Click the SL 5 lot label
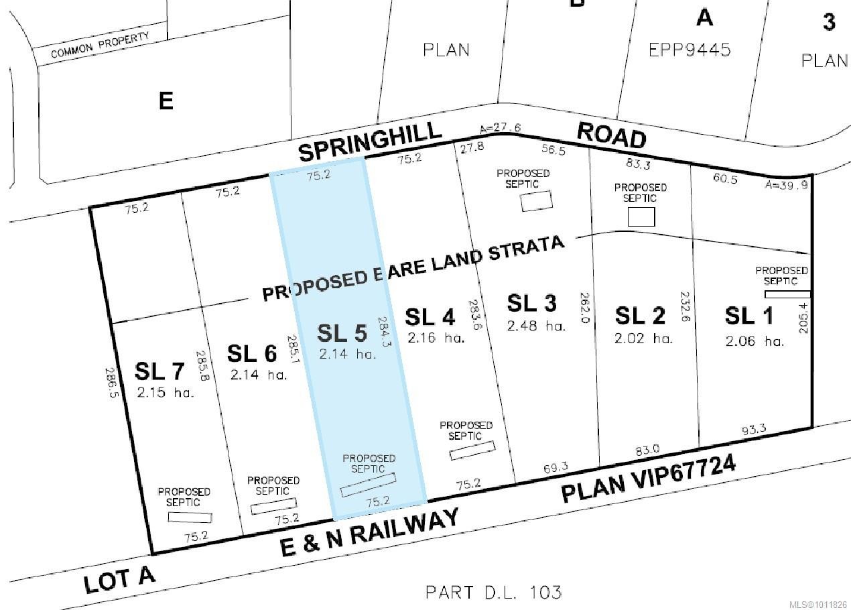[342, 333]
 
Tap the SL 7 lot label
[159, 371]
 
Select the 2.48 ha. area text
[536, 326]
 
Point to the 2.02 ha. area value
[643, 339]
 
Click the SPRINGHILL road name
[370, 141]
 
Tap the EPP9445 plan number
[690, 50]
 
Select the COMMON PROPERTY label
[100, 45]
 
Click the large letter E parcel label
[166, 101]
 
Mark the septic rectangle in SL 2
[641, 217]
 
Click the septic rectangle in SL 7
[190, 517]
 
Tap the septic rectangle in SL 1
[787, 294]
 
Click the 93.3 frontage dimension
[754, 429]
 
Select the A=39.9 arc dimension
[787, 185]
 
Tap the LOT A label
[120, 580]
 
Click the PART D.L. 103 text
[493, 592]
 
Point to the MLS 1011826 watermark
[820, 603]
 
